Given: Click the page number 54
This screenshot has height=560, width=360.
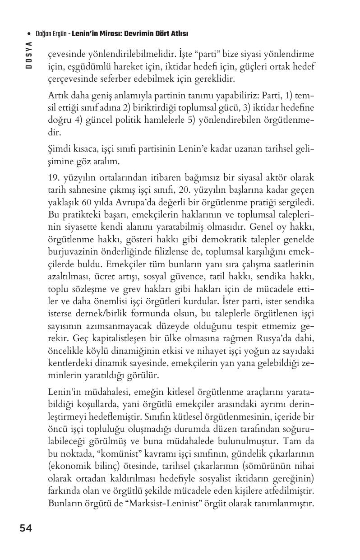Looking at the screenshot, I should (26, 528).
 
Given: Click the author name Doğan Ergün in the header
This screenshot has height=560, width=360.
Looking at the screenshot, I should (51, 34).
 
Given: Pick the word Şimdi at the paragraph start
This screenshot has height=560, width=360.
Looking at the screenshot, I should (59, 149).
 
